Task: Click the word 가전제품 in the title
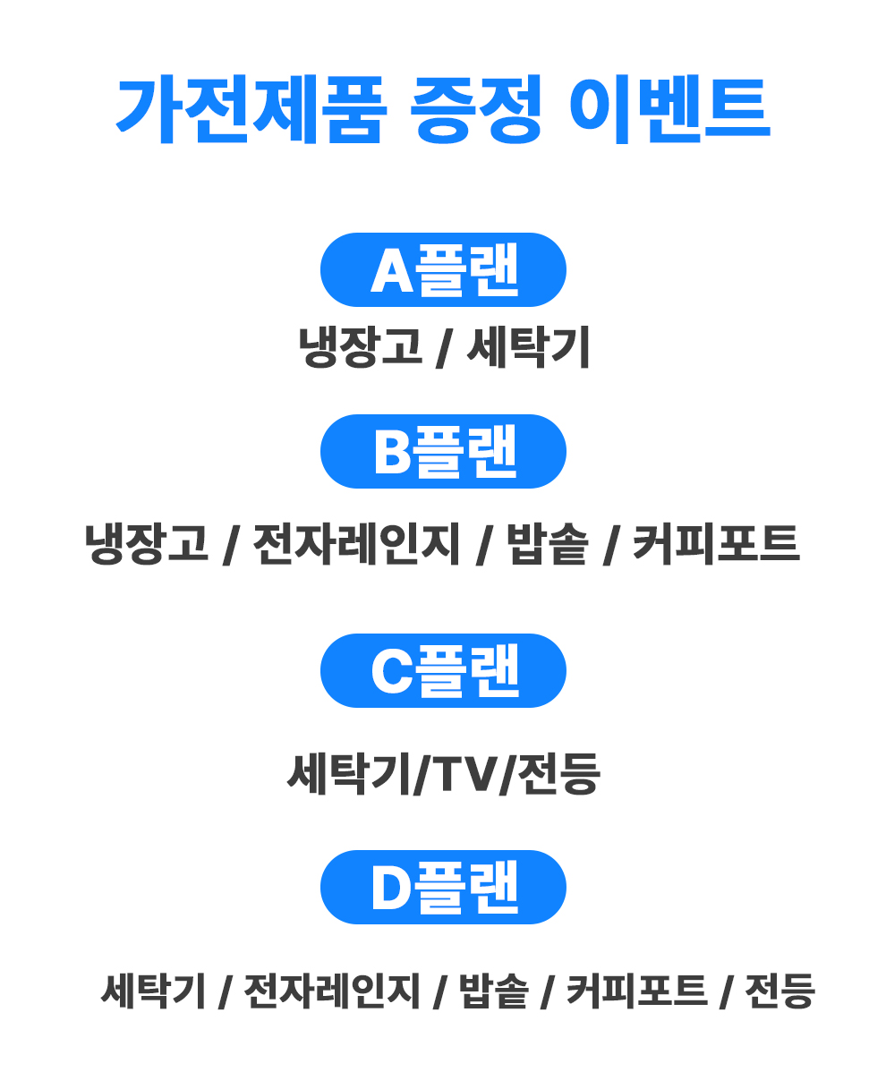point(251,109)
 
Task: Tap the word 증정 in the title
point(476,109)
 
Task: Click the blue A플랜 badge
point(443,269)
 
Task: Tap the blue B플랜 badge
point(443,452)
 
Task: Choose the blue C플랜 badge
point(443,670)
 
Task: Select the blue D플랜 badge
point(443,887)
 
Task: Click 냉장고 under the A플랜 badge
point(360,347)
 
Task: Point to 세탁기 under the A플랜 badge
point(528,347)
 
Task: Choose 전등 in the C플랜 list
point(557,774)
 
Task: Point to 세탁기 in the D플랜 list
point(153,991)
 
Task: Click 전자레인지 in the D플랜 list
point(331,991)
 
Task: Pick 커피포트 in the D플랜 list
point(636,991)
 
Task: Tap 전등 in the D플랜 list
point(780,991)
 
